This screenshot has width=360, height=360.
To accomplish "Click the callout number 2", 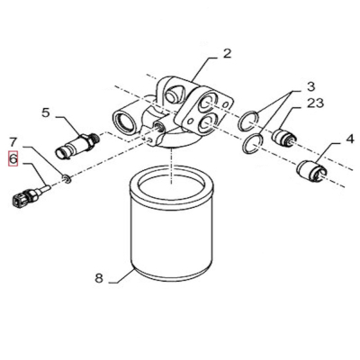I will pyautogui.click(x=227, y=53).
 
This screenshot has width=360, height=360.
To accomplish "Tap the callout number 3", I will pyautogui.click(x=310, y=86).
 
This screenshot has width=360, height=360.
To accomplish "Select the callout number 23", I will pyautogui.click(x=315, y=103).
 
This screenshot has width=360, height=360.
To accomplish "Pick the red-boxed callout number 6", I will pyautogui.click(x=13, y=160).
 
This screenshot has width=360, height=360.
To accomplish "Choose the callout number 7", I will pyautogui.click(x=13, y=141).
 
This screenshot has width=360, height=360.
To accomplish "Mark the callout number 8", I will pyautogui.click(x=99, y=278).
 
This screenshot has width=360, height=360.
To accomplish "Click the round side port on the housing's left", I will pyautogui.click(x=124, y=116).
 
